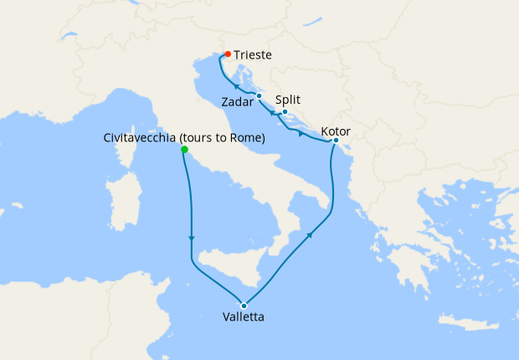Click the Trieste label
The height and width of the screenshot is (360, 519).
tap(253, 54)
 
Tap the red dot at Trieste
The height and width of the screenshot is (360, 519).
tap(228, 54)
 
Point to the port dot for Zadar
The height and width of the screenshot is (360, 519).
tap(259, 96)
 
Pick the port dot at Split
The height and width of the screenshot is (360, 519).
tap(285, 112)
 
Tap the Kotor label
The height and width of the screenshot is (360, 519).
tap(336, 131)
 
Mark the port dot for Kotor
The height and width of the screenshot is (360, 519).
tap(335, 141)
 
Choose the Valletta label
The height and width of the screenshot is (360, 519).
tap(244, 317)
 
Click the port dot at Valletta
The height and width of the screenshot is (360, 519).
tap(244, 305)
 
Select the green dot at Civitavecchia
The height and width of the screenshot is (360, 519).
tap(183, 151)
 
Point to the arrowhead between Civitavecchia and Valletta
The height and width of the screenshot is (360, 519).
tap(192, 239)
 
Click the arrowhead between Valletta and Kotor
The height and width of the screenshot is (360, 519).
tap(311, 236)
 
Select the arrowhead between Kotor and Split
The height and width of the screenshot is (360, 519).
tap(301, 134)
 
